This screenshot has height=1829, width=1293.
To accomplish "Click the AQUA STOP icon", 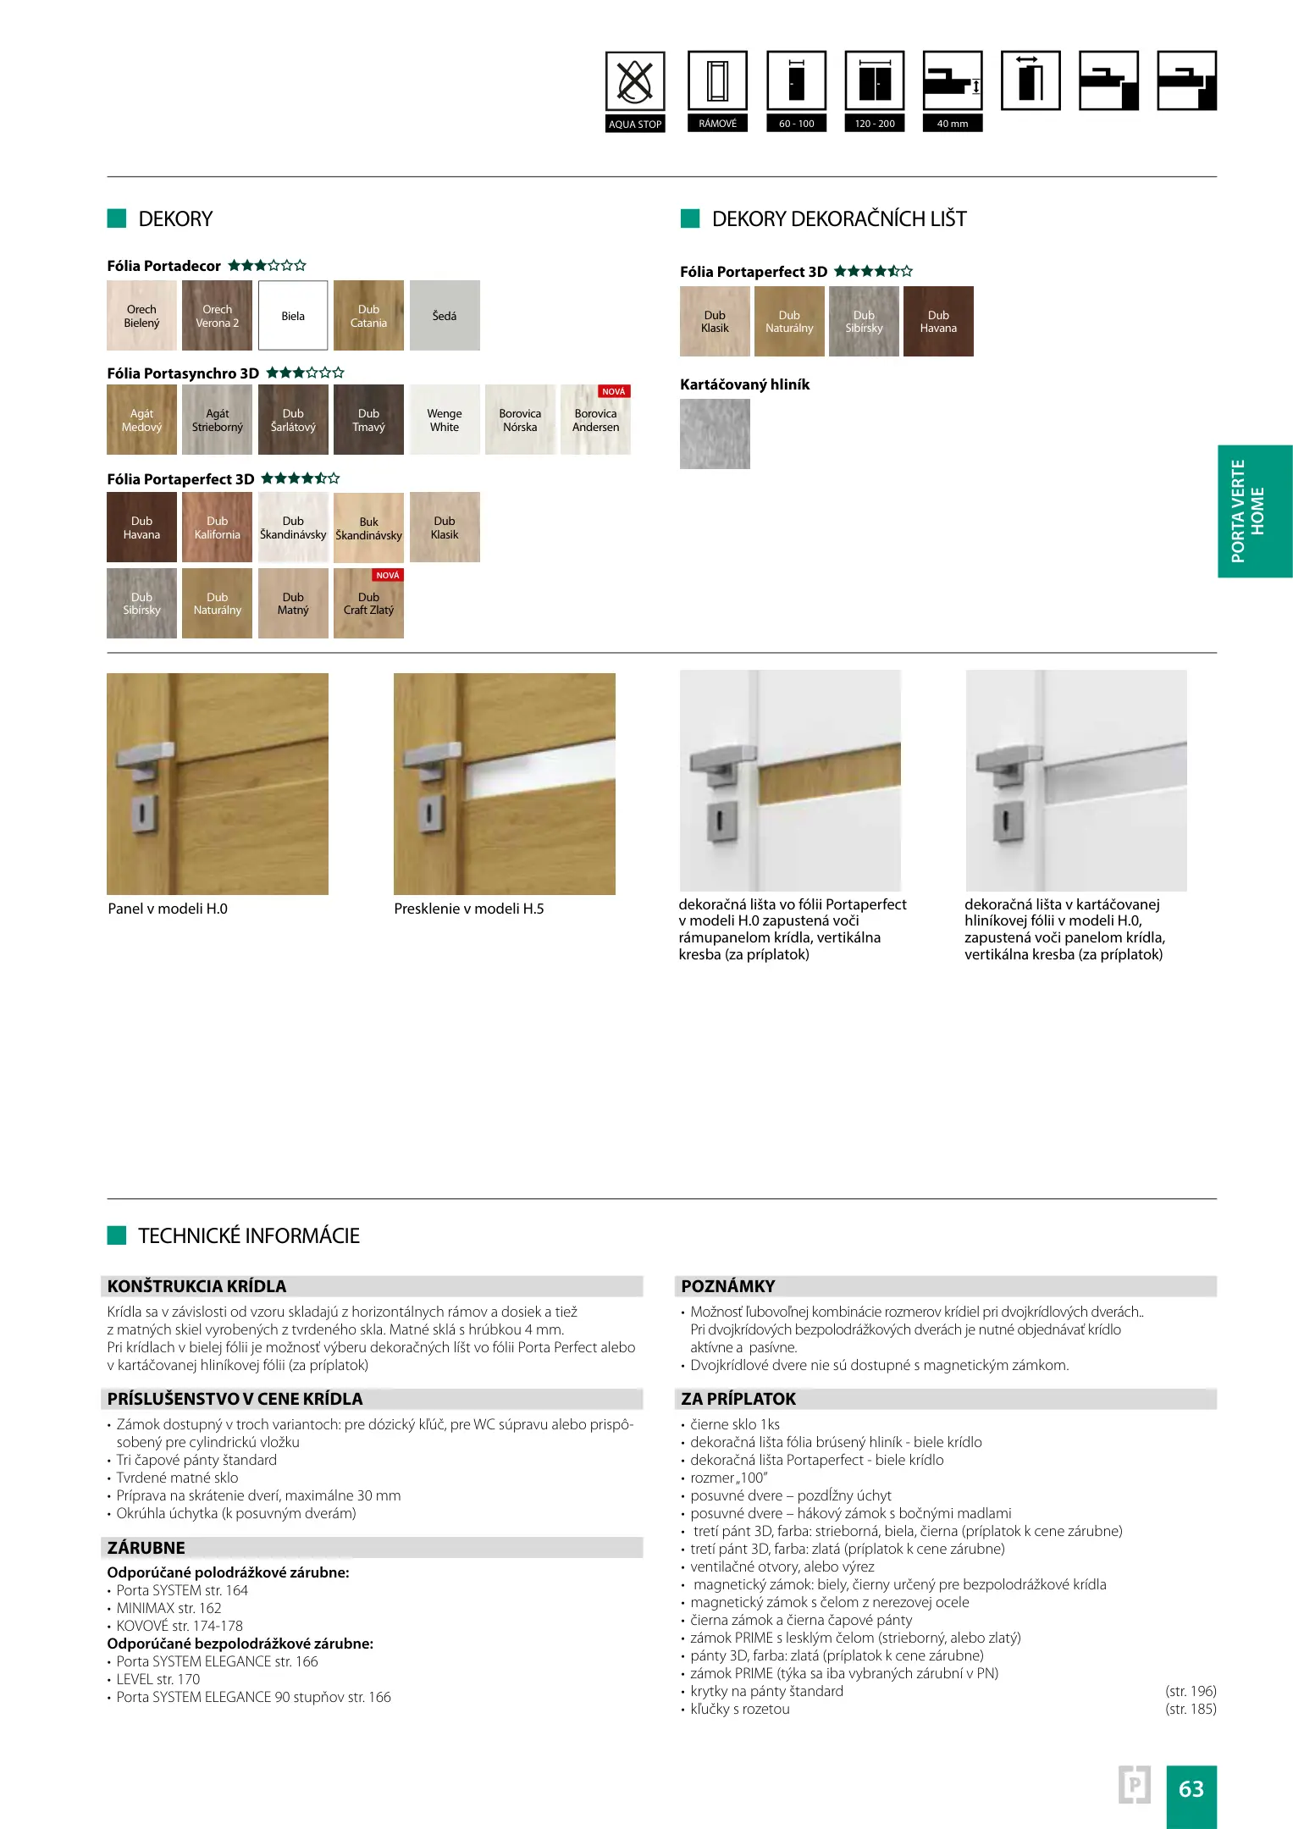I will [635, 82].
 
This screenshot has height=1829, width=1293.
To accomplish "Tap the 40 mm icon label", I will [953, 124].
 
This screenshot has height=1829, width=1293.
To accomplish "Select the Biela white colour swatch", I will [293, 316].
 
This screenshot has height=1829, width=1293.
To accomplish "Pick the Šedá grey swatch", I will [445, 316].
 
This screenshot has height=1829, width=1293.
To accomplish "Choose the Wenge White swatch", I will [445, 420].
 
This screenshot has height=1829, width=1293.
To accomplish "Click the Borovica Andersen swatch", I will [595, 420].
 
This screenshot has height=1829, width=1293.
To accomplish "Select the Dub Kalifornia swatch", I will [218, 528].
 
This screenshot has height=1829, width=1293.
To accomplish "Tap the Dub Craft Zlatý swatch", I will [368, 603].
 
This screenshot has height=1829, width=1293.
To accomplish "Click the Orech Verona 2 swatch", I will [218, 316].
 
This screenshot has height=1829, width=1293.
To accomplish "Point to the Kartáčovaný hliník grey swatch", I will [715, 434].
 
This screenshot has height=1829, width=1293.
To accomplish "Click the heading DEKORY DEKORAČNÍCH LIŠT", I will [838, 219].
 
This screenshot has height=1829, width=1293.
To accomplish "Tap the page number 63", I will [1191, 1788].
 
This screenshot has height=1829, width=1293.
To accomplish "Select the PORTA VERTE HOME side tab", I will [1254, 511].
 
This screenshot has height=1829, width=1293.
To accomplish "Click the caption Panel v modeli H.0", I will [168, 909].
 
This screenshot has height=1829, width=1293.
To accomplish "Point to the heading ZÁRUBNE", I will [146, 1548].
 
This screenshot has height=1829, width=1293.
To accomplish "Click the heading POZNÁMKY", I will [728, 1286].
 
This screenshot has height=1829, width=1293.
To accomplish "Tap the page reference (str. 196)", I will [1191, 1691].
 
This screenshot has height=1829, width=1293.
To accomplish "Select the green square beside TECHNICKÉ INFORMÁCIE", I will [117, 1235].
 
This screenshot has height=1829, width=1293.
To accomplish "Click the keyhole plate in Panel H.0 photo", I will [142, 813].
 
